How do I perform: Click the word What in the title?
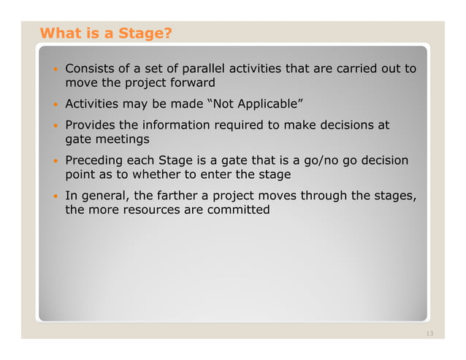(x=58, y=33)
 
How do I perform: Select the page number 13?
(x=429, y=334)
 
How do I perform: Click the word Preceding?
(x=94, y=160)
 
